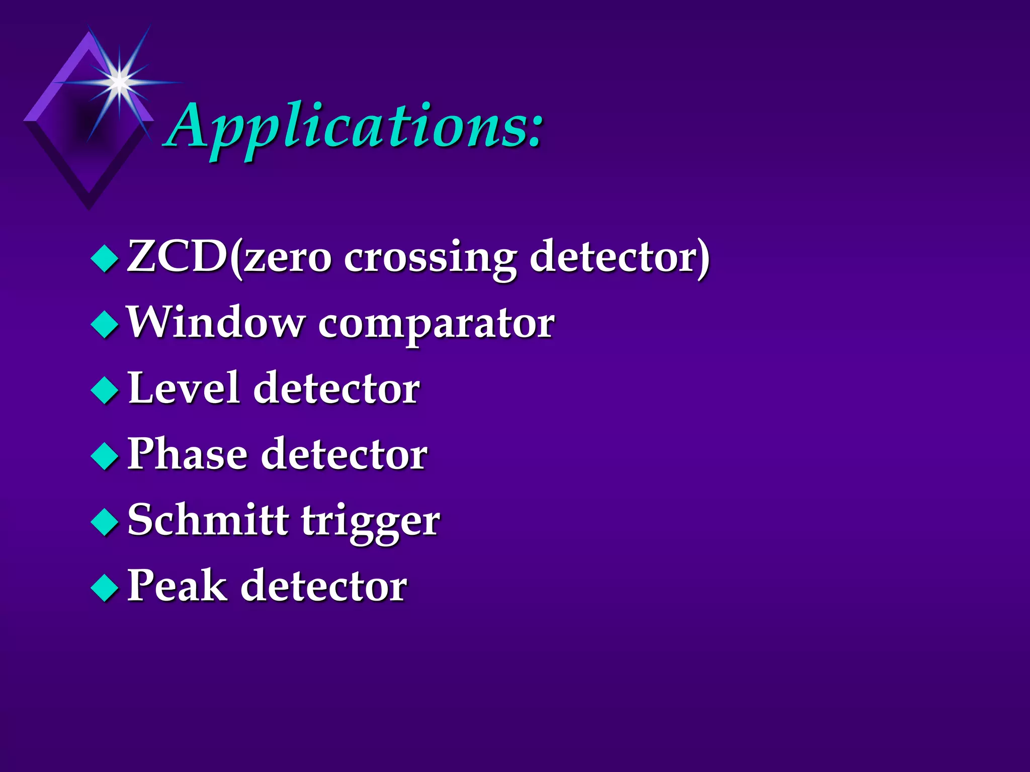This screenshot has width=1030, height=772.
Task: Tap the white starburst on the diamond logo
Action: point(119,80)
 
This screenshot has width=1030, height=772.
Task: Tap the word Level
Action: point(184,388)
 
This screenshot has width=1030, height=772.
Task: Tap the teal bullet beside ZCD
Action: point(105,258)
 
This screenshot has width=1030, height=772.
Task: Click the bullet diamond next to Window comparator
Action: point(105,324)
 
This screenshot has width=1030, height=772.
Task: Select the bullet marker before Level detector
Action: point(105,390)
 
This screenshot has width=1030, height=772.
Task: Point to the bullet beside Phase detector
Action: point(105,456)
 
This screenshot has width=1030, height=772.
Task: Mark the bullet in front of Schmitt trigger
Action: point(105,522)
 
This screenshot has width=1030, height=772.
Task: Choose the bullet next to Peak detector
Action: point(105,588)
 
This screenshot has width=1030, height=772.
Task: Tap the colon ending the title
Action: point(534,132)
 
